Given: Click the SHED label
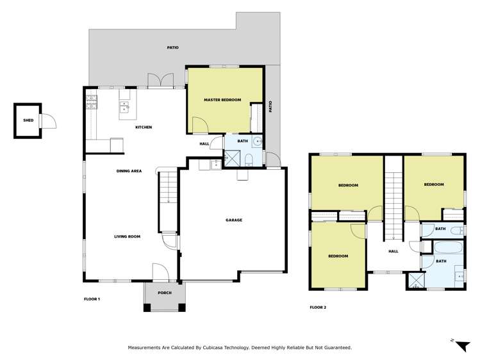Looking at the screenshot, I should tap(28, 120).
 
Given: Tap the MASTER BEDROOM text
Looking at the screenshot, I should tap(222, 100).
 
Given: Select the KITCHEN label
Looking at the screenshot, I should tap(143, 127).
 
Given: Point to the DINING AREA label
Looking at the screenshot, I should tap(129, 171).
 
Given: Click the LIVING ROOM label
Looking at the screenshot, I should tap(127, 236).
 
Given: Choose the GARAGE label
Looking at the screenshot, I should tap(233, 220).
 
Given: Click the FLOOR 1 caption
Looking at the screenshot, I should tap(92, 299).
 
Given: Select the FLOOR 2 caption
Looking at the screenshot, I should tap(318, 307).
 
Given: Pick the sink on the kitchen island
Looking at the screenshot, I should tap(124, 106).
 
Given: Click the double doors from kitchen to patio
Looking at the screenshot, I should tap(158, 81).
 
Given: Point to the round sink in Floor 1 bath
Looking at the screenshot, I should tap(257, 142).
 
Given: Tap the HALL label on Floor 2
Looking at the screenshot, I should tap(393, 251).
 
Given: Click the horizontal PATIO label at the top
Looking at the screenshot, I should tap(172, 47).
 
